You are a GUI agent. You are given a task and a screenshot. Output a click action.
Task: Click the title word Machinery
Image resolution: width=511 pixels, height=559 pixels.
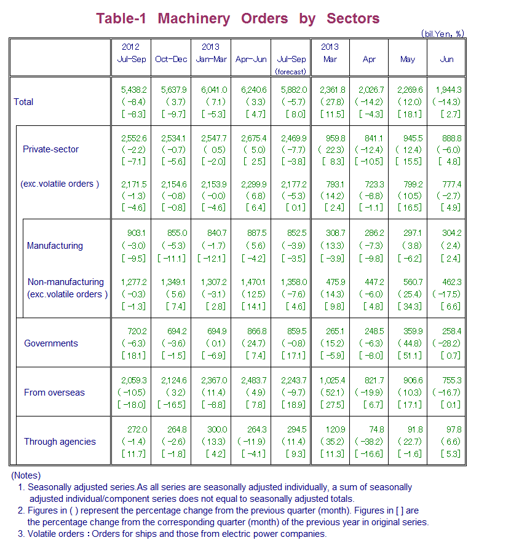tap(193, 18)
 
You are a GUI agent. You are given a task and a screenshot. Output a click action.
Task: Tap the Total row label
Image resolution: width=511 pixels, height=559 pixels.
tap(23, 101)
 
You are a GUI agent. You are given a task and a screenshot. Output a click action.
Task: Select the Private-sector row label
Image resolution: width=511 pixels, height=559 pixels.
tap(50, 149)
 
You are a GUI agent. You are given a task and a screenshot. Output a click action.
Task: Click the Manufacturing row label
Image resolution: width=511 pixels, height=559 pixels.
tap(55, 246)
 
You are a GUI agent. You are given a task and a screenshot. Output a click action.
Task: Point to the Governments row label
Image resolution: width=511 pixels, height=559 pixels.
tap(51, 343)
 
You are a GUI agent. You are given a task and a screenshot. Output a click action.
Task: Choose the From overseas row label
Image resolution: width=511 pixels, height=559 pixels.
tap(54, 393)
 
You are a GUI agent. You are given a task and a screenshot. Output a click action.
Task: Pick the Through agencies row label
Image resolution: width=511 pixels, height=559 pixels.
tap(60, 442)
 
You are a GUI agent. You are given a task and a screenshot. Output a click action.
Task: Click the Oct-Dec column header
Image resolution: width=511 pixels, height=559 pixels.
tap(171, 60)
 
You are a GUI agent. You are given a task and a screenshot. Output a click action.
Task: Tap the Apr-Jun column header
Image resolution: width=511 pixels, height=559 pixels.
tap(251, 60)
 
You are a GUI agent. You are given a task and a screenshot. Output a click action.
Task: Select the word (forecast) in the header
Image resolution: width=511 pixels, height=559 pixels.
tap(291, 71)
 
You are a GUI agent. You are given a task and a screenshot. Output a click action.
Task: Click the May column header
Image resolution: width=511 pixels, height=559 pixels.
tap(407, 60)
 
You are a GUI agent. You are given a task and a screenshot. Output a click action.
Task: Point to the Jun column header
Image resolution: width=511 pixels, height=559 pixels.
tap(446, 60)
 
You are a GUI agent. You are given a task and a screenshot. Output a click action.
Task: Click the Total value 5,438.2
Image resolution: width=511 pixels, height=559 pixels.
tap(133, 90)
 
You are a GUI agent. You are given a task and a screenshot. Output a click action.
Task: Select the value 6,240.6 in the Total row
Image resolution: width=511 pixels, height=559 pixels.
tap(252, 90)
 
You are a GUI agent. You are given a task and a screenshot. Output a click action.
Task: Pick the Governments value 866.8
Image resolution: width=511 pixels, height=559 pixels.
tap(253, 331)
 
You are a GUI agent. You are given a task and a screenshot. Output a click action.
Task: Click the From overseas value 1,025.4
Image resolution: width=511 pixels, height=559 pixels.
tap(331, 380)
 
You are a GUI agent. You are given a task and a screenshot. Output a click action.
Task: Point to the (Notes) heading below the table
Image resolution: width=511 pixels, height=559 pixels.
tap(26, 475)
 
